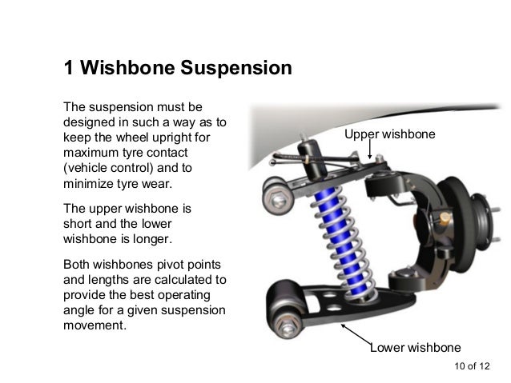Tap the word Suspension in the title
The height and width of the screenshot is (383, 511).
click(236, 69)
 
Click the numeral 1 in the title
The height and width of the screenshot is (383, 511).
click(69, 69)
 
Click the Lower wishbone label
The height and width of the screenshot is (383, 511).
click(415, 348)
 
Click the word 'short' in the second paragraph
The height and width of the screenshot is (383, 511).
click(79, 223)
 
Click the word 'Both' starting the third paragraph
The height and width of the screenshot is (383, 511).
click(77, 265)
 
